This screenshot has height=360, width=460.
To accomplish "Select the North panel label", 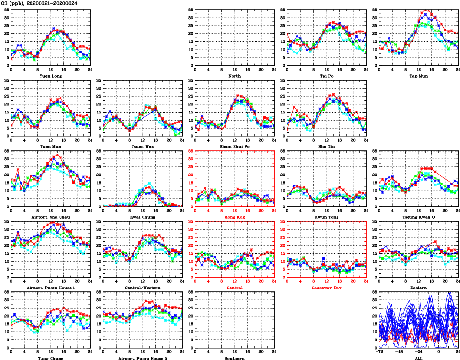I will (x=235, y=76).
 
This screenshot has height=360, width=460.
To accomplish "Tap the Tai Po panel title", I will (x=327, y=76).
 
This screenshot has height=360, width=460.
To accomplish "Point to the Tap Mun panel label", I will (x=419, y=76).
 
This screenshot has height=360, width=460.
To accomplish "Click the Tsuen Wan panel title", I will (x=143, y=146).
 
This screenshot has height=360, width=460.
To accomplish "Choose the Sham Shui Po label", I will (x=235, y=146).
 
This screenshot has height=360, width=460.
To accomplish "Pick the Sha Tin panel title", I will (x=327, y=146).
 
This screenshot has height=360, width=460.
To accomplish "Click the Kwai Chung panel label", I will (x=143, y=217).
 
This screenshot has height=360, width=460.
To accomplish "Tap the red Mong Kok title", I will (x=235, y=217).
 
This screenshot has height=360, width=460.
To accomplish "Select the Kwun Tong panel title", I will (x=327, y=217).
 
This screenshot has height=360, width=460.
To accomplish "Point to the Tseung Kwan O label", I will (x=419, y=217).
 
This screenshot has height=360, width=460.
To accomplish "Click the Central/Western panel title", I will (x=143, y=288).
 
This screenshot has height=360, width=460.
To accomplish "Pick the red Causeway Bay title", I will (x=327, y=288).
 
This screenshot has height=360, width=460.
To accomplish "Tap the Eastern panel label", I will (x=419, y=288).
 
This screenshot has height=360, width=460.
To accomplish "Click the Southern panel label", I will (x=235, y=358).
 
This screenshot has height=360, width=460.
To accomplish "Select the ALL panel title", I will (x=419, y=358).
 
